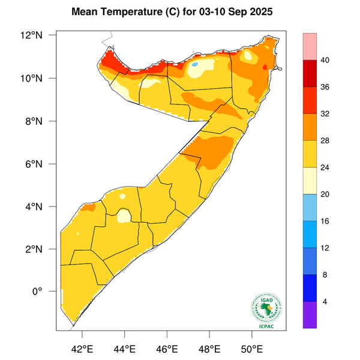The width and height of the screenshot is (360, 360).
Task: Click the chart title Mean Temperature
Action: pos(124,12)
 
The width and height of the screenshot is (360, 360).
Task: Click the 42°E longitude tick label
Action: pos(82,349)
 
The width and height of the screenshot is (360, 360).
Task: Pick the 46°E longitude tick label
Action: pos(167,349)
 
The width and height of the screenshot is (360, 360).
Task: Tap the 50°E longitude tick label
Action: pos(251,349)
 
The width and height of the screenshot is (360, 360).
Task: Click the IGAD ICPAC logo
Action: pos(265,310)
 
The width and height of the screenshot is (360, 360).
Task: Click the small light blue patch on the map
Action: pos(196,64)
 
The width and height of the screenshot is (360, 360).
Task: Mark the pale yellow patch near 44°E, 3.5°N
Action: pos(124,215)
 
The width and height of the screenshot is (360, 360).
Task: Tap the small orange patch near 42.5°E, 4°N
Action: pos(89,208)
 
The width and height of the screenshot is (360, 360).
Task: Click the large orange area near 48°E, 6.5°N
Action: pos(210,150)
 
